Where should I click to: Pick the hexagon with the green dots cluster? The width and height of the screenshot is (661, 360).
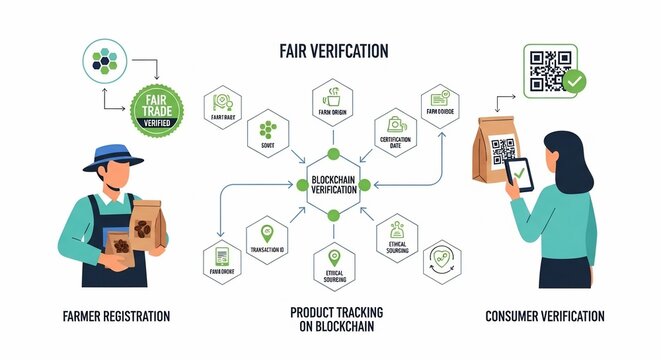[266, 132]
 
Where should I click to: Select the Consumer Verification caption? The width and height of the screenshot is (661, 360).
[545, 316]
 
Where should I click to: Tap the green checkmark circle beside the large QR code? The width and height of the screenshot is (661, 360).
[574, 83]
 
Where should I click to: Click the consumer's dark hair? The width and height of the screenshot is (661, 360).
[559, 147]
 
